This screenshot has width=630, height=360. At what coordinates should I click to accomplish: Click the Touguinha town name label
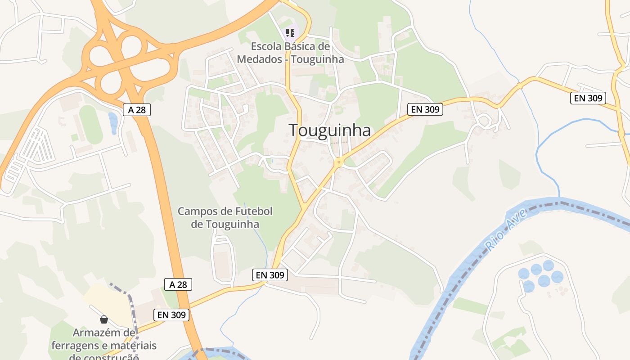point(329,130)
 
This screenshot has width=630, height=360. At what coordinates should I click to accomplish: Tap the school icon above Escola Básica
point(290,32)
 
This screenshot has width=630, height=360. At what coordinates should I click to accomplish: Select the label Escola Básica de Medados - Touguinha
point(290,53)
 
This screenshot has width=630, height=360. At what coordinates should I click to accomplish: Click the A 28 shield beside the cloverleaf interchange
point(137,109)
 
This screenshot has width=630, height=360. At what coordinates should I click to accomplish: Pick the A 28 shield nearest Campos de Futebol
point(178,284)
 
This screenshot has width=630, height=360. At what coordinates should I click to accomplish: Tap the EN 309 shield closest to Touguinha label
point(425,109)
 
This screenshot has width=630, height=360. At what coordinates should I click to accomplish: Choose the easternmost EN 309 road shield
point(588,98)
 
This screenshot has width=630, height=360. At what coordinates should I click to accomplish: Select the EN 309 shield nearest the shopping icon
point(171,315)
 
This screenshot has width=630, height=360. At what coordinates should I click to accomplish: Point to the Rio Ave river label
point(505,230)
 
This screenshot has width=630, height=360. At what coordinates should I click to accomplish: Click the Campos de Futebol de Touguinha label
point(225,217)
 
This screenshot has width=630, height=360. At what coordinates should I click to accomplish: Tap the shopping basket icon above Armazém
point(104,319)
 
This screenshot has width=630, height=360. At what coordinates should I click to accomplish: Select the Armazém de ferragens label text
point(104,345)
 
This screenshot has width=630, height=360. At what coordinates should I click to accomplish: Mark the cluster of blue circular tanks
point(540,275)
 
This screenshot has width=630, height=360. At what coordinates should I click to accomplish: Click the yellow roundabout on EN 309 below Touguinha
point(339,162)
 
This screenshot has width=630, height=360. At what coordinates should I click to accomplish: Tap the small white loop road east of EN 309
point(484,121)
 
